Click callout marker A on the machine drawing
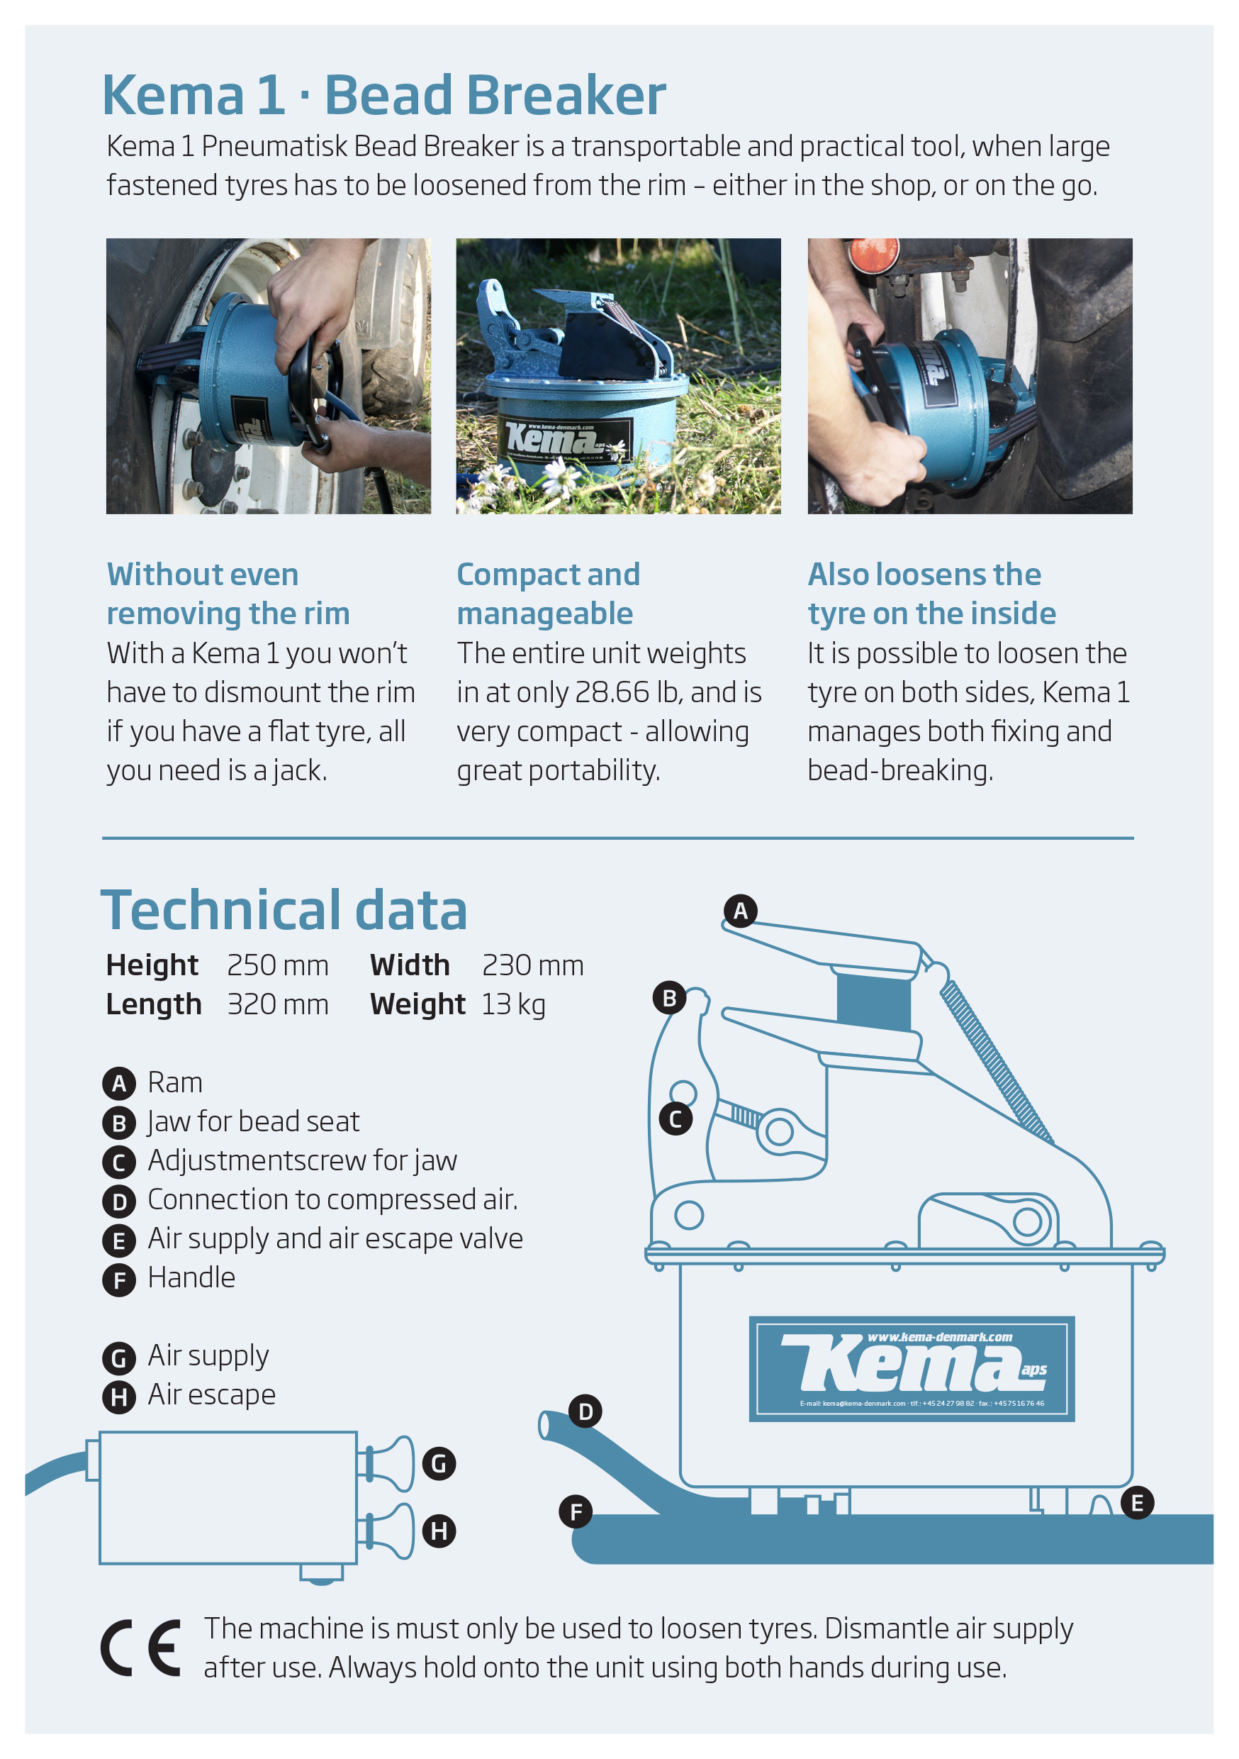point(740,911)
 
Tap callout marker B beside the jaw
point(668,998)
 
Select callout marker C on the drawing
point(675,1119)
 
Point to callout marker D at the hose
point(585,1411)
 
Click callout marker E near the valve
point(1137,1503)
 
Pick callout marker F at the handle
point(576,1512)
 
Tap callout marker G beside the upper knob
point(439,1464)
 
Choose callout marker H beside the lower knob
point(439,1531)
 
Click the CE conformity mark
point(142,1648)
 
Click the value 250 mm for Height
point(277,965)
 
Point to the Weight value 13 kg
point(513,1004)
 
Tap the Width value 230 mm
point(532,965)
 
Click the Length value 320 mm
point(277,1004)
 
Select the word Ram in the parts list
point(174,1082)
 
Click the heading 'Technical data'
point(284,910)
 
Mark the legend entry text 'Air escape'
point(211,1395)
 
